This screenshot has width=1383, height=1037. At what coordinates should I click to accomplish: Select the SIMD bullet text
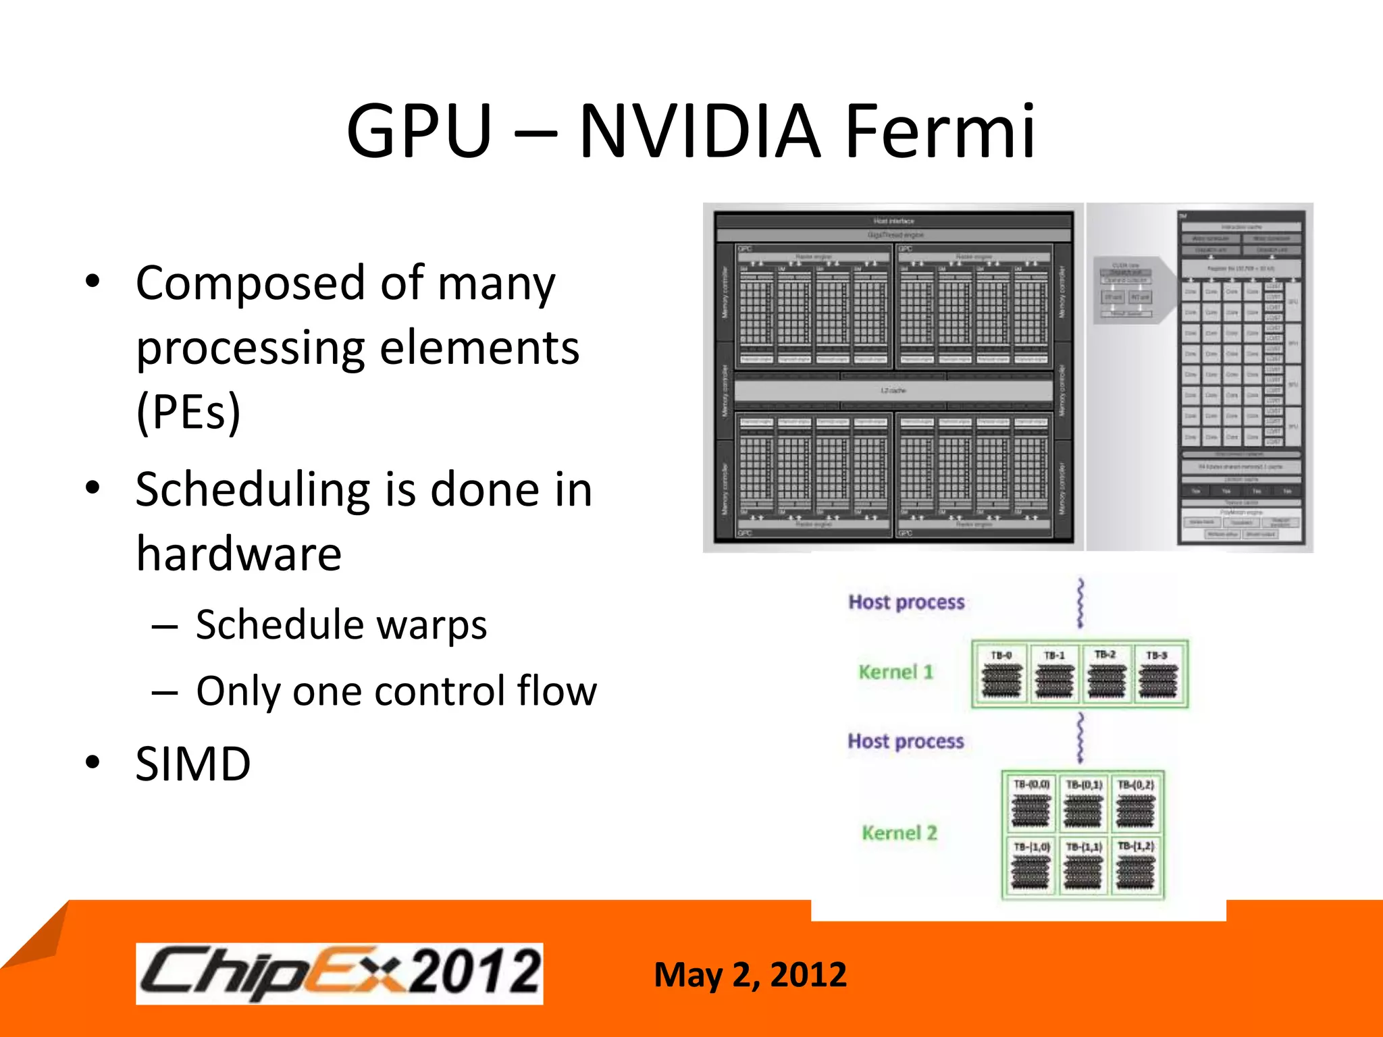(193, 764)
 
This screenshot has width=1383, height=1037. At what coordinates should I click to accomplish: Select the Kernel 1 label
(895, 672)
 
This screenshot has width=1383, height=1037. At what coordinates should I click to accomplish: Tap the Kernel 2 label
(899, 832)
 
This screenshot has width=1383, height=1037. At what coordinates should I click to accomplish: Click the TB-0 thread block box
(1001, 674)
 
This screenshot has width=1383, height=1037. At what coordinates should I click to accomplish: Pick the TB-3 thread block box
(1157, 674)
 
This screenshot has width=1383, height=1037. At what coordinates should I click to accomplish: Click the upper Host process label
(906, 602)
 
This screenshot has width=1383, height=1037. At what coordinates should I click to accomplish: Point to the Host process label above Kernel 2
(906, 741)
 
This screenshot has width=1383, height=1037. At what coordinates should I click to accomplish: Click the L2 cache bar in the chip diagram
(893, 391)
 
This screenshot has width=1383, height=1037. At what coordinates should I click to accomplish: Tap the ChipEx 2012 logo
(339, 973)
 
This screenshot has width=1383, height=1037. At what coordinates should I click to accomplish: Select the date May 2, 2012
(750, 975)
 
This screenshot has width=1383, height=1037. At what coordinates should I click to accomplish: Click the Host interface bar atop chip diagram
(893, 221)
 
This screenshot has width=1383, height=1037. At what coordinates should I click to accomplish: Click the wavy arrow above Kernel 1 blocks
(1080, 603)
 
